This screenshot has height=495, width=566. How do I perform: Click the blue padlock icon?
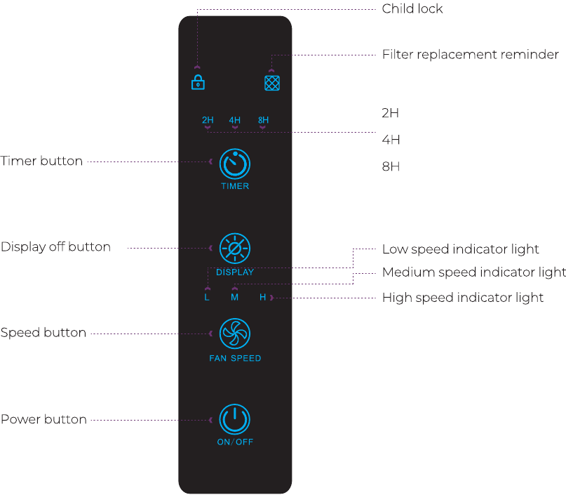pyautogui.click(x=198, y=82)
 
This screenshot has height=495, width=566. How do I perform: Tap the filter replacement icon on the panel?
pyautogui.click(x=272, y=83)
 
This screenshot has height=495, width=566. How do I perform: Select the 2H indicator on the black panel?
pyautogui.click(x=208, y=120)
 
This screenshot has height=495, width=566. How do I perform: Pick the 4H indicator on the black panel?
pyautogui.click(x=235, y=120)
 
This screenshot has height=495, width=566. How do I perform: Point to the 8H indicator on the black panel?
pyautogui.click(x=263, y=120)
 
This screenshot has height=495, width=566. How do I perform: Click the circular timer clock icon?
pyautogui.click(x=235, y=164)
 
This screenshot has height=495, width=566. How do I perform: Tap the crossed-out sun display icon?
pyautogui.click(x=235, y=249)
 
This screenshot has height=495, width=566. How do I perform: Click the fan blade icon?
pyautogui.click(x=235, y=334)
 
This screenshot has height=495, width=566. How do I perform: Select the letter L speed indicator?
pyautogui.click(x=207, y=298)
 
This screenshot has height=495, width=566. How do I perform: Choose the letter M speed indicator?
pyautogui.click(x=235, y=298)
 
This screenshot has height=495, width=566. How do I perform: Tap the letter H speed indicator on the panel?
pyautogui.click(x=262, y=298)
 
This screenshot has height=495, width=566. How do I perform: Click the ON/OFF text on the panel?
pyautogui.click(x=235, y=442)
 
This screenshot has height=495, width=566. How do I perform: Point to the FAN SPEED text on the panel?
pyautogui.click(x=235, y=358)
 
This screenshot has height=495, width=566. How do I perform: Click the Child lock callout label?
pyautogui.click(x=412, y=8)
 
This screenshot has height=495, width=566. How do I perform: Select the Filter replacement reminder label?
pyautogui.click(x=471, y=55)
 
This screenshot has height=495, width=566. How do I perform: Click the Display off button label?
pyautogui.click(x=55, y=246)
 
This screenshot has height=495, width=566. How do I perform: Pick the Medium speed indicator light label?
pyautogui.click(x=474, y=272)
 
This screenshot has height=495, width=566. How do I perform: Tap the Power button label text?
pyautogui.click(x=43, y=419)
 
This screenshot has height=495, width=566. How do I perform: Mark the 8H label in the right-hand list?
pyautogui.click(x=391, y=166)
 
